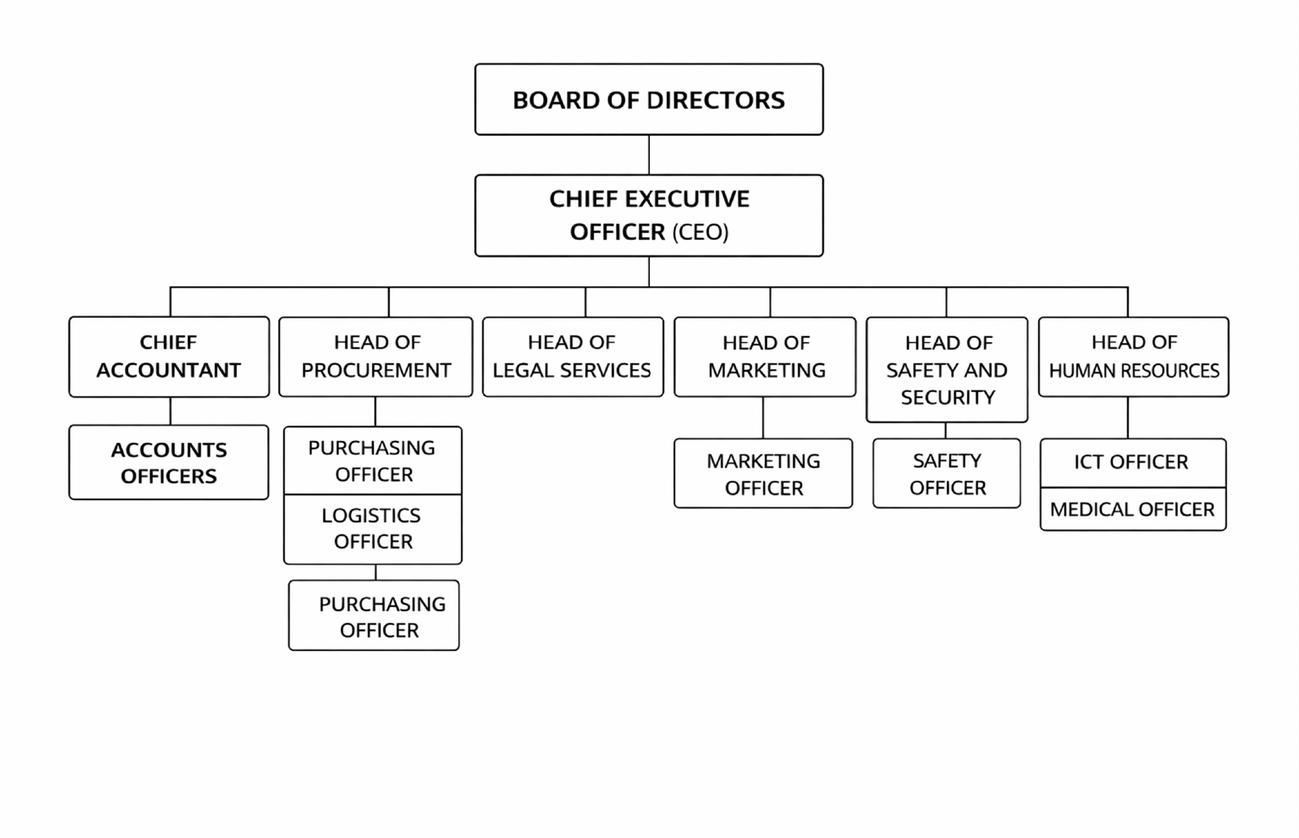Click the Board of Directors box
648,99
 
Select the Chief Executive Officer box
648,215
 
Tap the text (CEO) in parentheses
700,232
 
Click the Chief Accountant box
169,356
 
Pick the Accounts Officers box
169,462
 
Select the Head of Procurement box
376,356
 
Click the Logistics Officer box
373,528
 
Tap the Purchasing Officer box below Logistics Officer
374,616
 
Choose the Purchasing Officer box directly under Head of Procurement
373,461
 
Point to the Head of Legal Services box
573,356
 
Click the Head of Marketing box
765,356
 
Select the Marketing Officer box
764,474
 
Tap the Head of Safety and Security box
947,370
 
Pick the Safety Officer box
947,474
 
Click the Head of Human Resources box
1133,356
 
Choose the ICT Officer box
1133,462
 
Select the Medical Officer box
1133,509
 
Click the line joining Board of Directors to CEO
649,154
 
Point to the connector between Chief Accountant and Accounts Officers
170,411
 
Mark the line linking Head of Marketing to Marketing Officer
763,418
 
